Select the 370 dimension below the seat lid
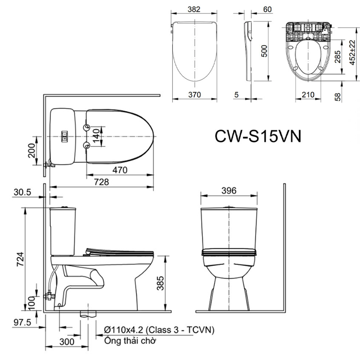pyautogui.click(x=194, y=94)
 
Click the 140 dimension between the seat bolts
pyautogui.click(x=96, y=135)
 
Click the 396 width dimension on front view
pyautogui.click(x=229, y=190)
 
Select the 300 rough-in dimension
pyautogui.click(x=66, y=342)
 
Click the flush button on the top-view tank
pyautogui.click(x=65, y=135)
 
